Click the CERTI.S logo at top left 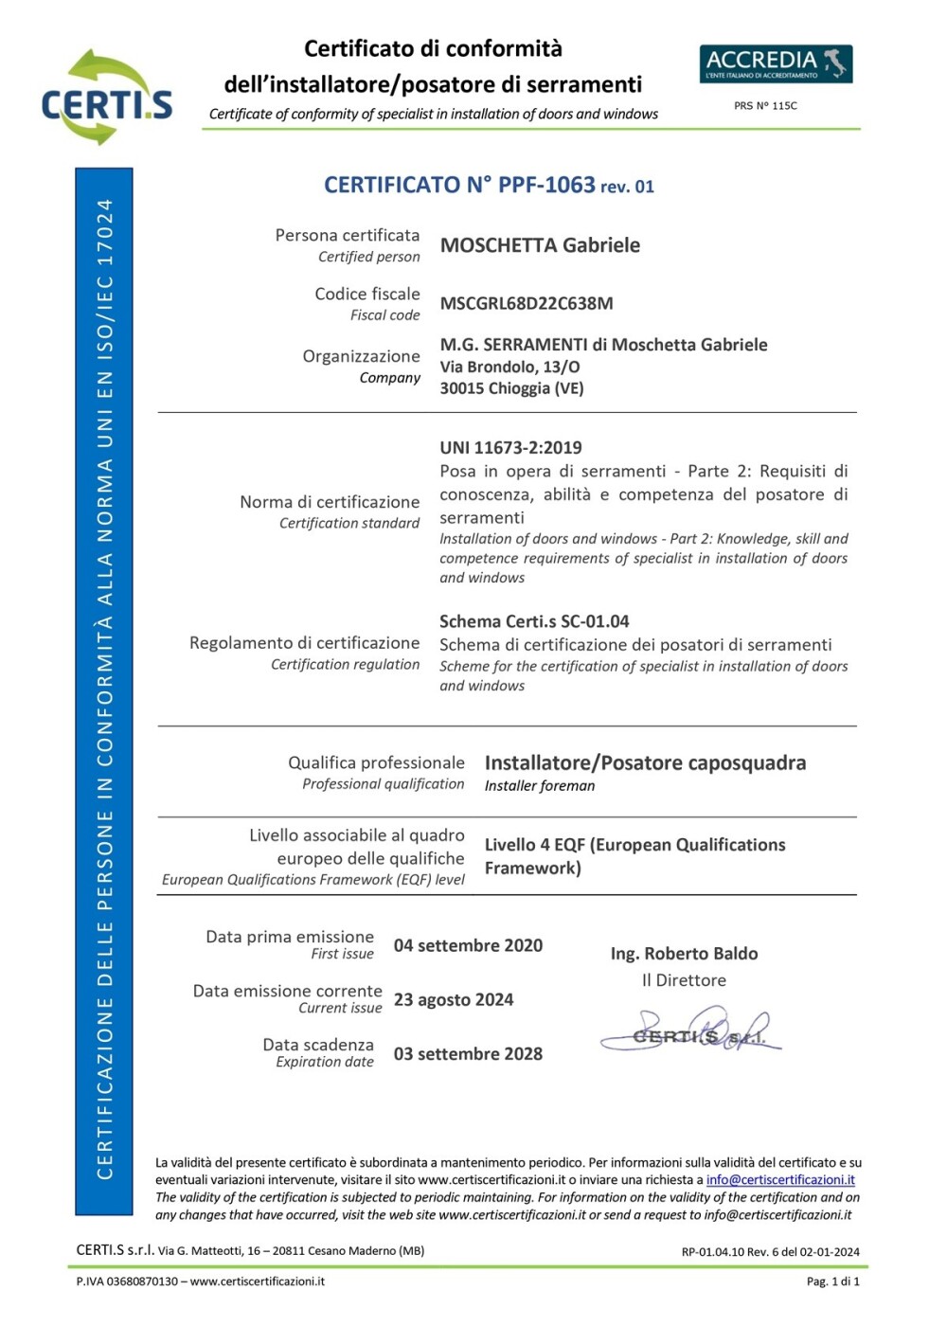pos(106,99)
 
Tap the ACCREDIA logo pos(776,63)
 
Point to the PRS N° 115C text pos(765,106)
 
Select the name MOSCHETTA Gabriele pos(540,245)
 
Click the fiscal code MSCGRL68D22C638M pos(527,304)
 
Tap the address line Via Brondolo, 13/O pos(509,367)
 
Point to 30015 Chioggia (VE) pos(511,388)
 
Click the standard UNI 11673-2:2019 pos(510,448)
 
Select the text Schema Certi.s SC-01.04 pos(534,621)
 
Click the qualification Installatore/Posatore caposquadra pos(645,762)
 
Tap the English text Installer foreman pos(540,786)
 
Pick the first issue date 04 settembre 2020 pos(468,945)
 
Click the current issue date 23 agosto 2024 pos(454,999)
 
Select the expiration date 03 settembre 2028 pos(468,1054)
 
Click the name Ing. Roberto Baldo pos(684,954)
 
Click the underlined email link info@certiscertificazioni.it pos(780,1180)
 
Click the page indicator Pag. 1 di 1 pos(832,1281)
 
